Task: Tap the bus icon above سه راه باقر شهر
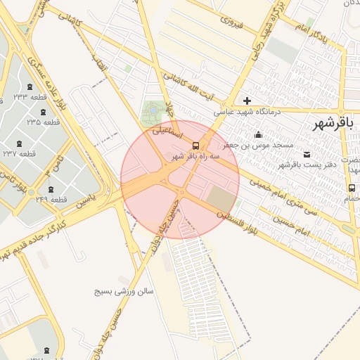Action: pos(195,146)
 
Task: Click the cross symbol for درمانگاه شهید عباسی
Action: pos(247,101)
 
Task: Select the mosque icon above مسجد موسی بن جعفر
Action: pos(259,134)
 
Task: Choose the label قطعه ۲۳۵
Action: pos(44,122)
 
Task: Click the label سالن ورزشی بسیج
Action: pos(125,290)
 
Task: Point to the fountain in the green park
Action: pos(153,110)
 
